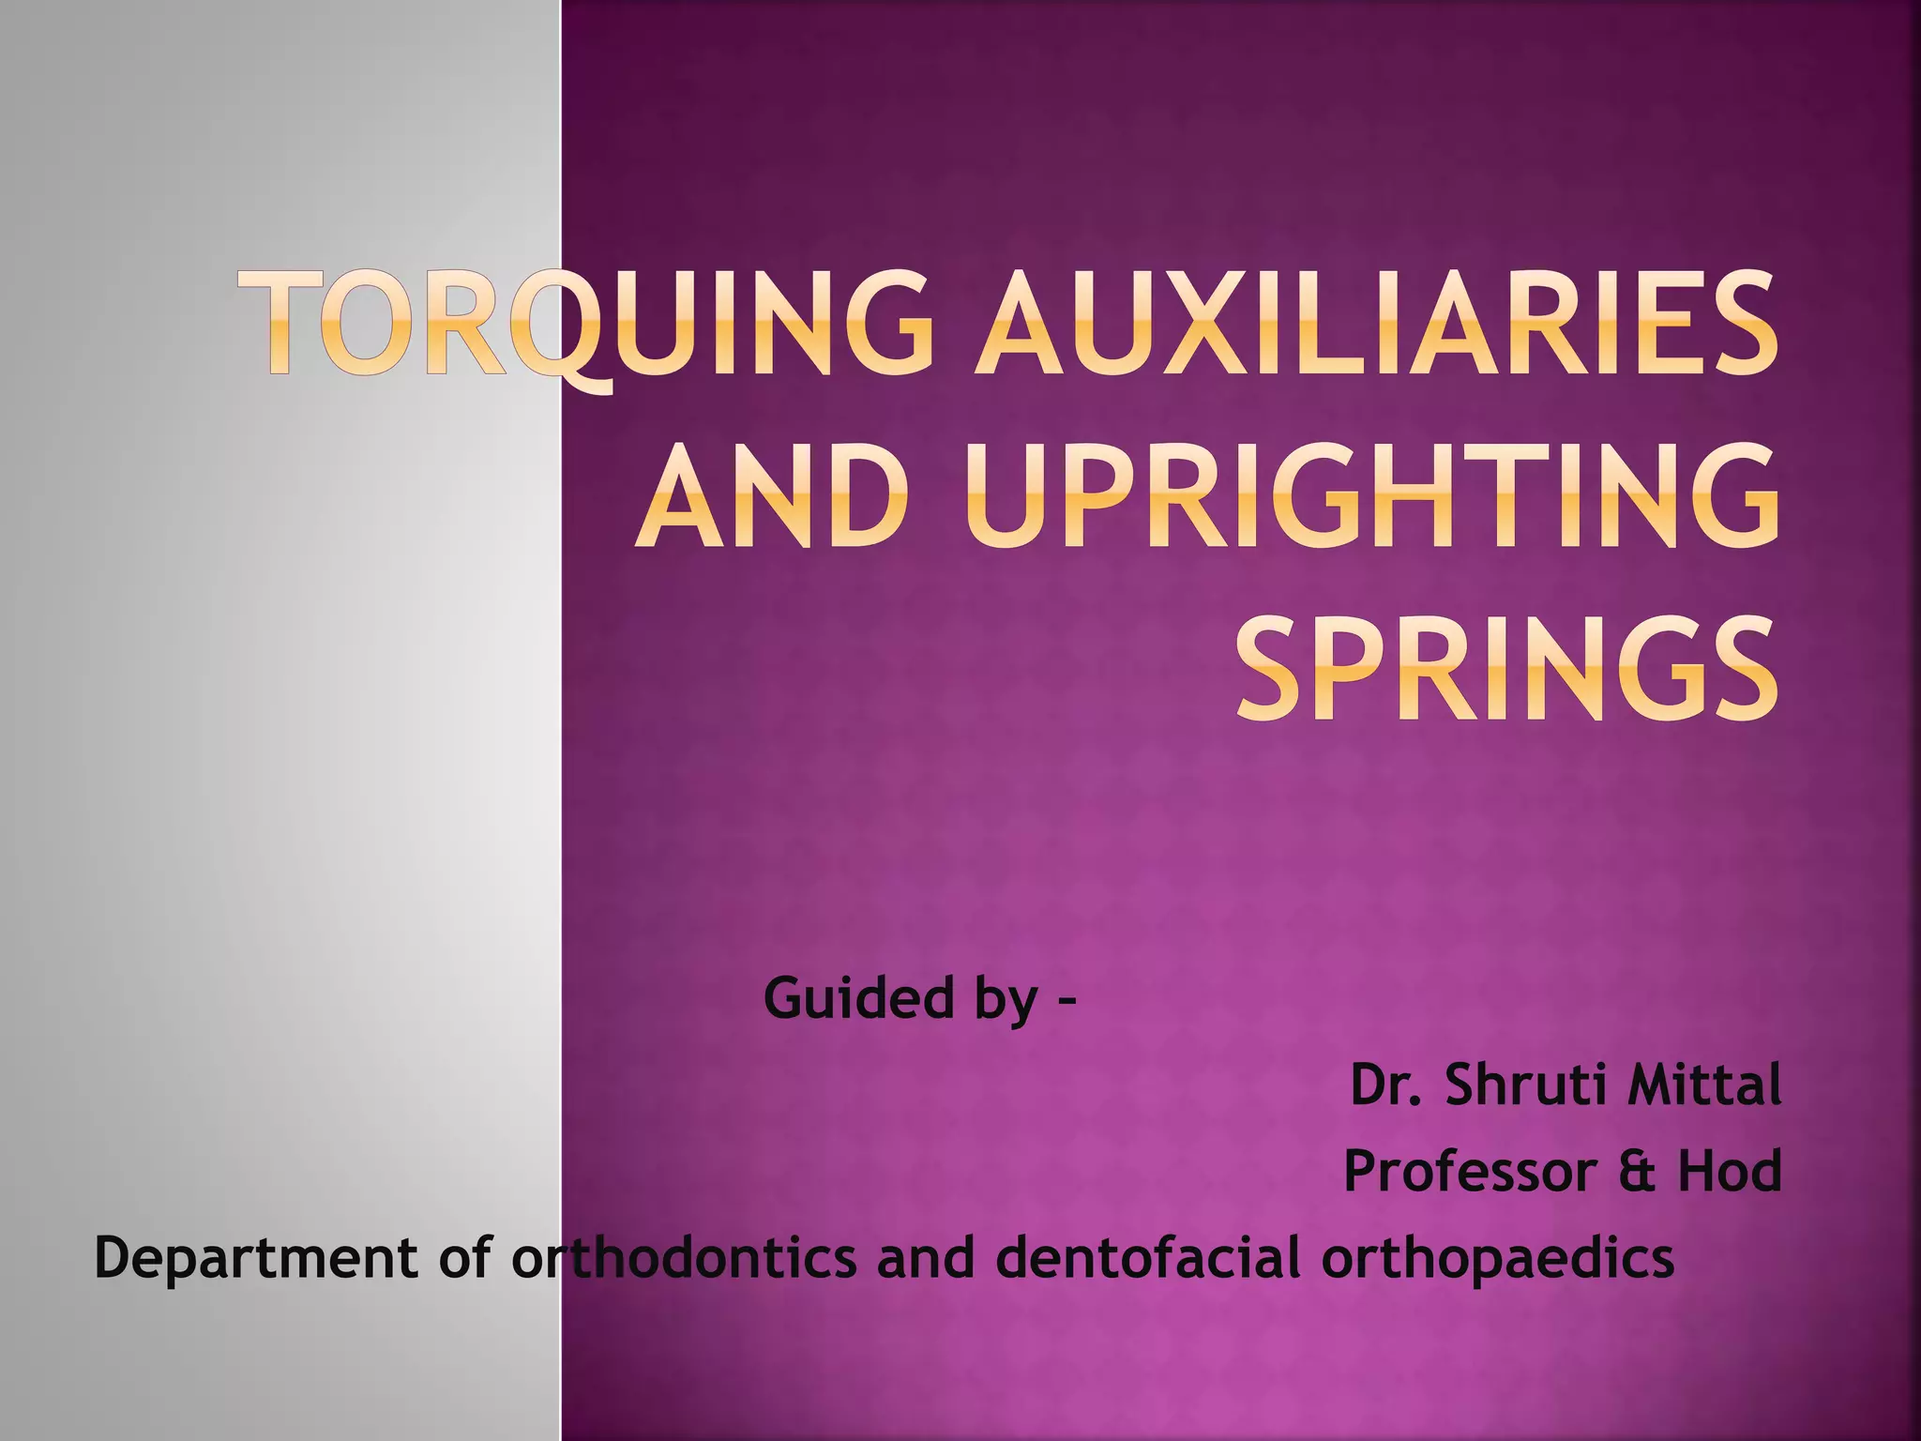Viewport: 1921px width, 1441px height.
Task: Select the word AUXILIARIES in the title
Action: tap(1374, 322)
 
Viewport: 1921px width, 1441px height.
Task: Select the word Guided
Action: tap(855, 997)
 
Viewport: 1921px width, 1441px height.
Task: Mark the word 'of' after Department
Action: tap(466, 1258)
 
